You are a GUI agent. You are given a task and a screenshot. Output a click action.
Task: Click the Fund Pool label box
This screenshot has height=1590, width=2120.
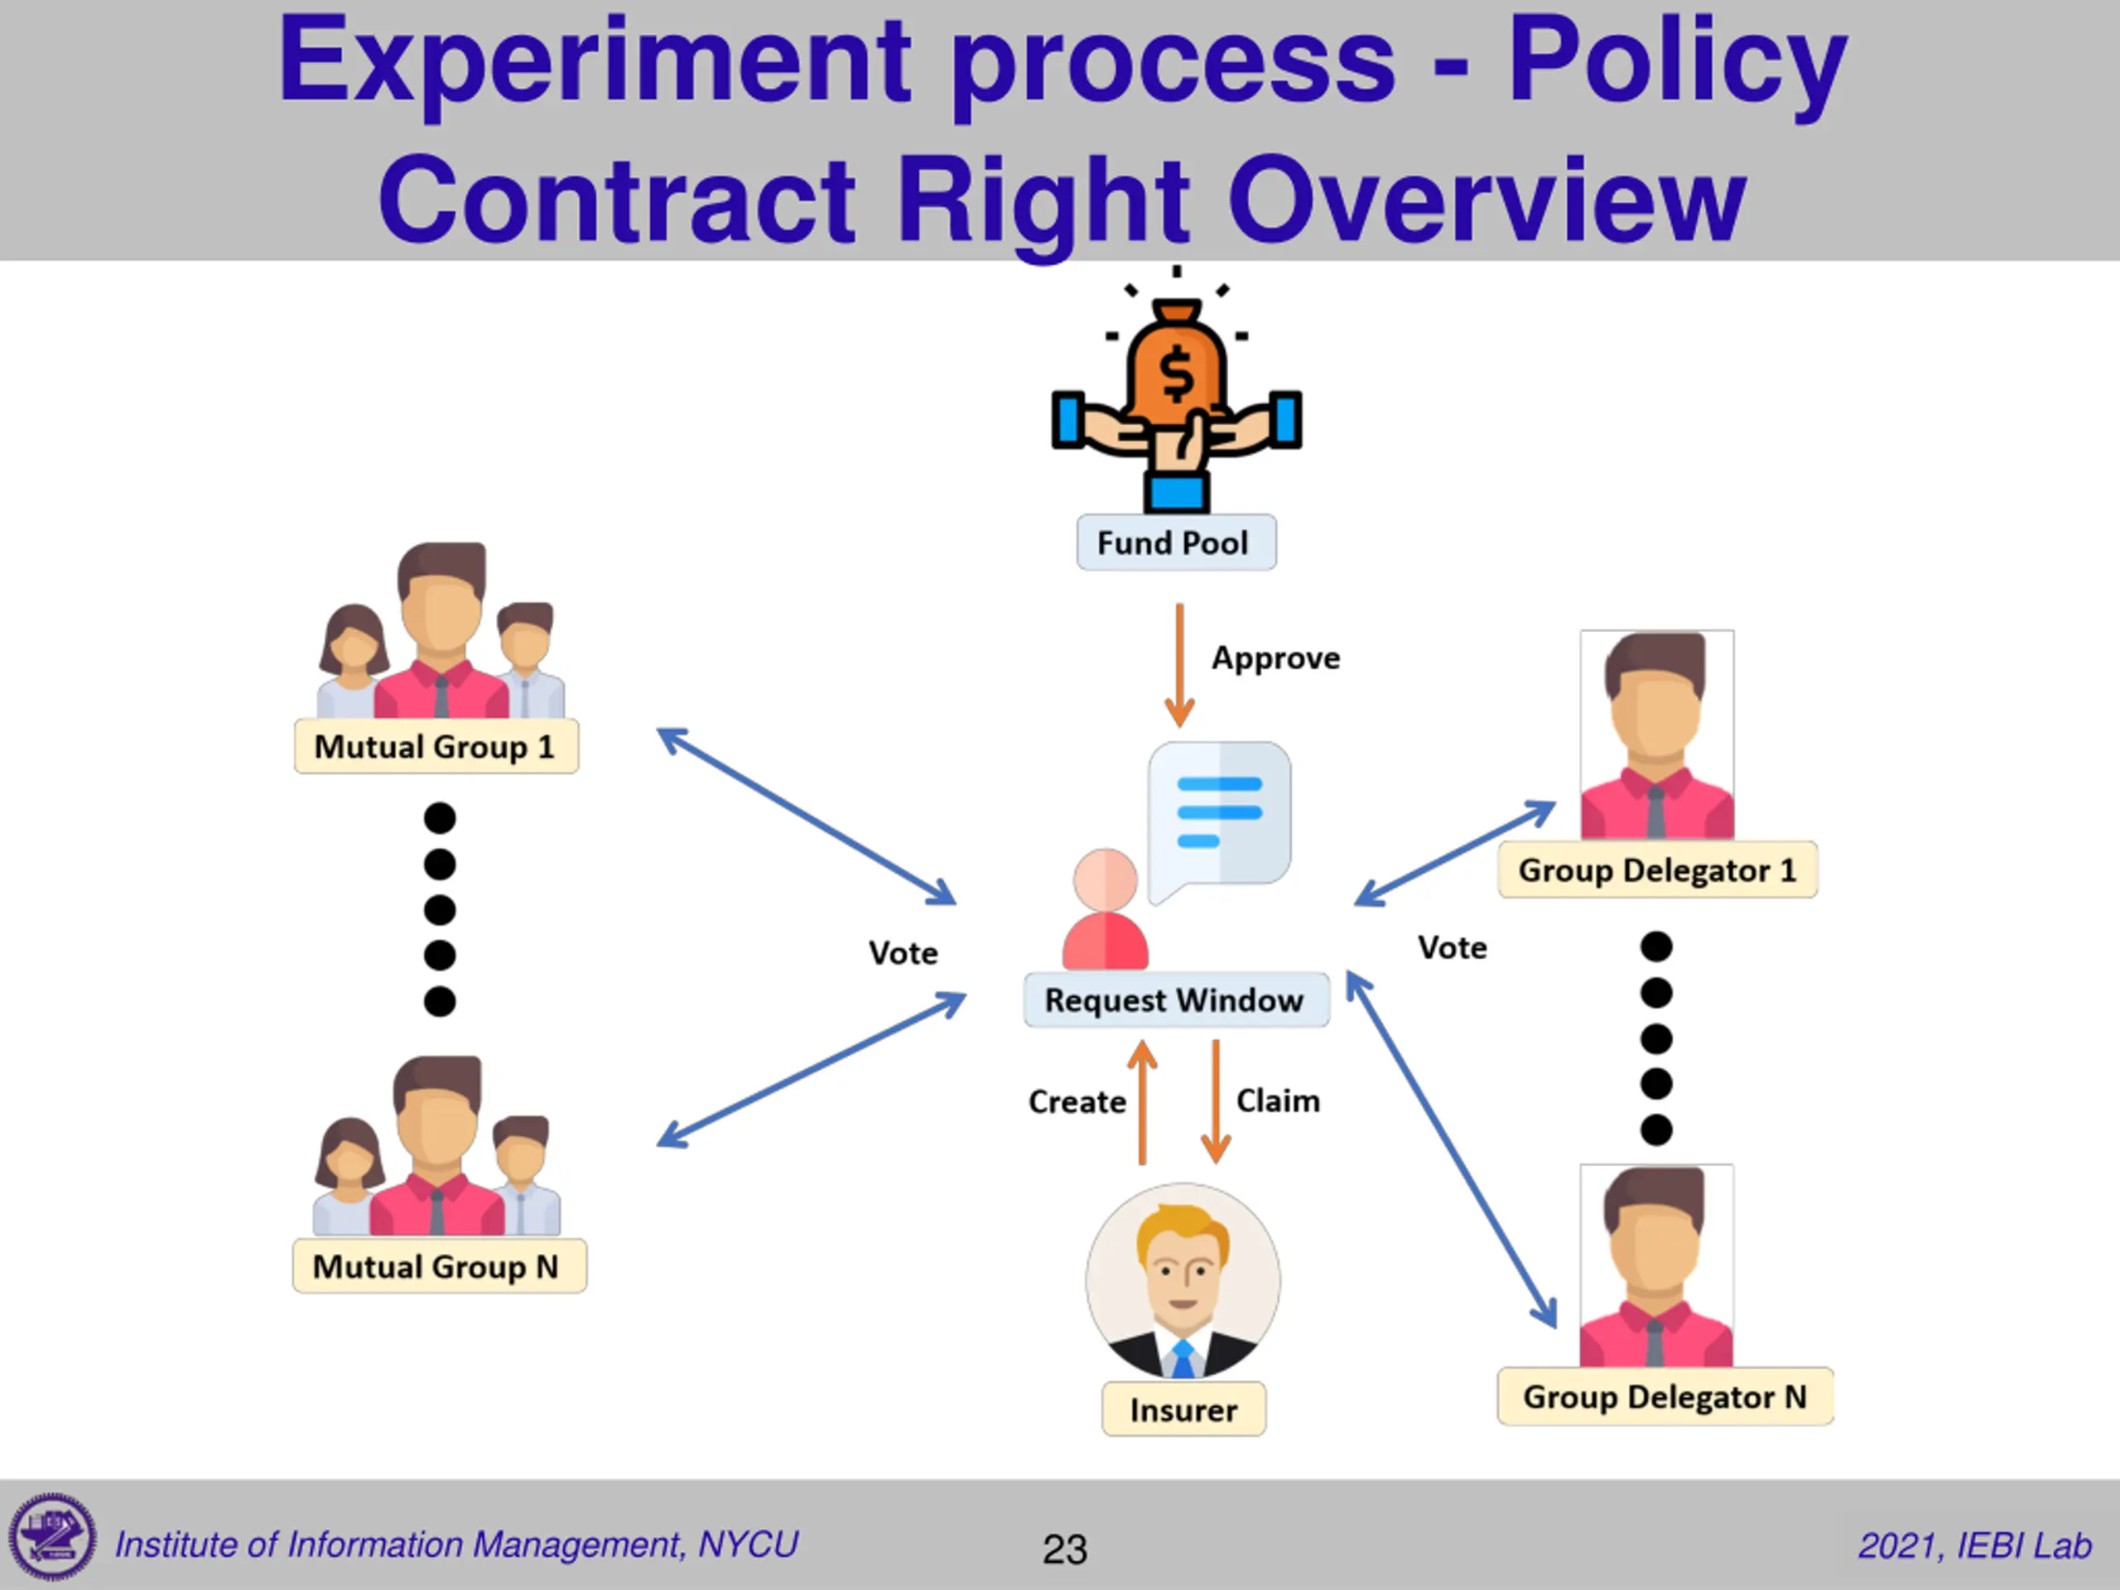pos(1176,543)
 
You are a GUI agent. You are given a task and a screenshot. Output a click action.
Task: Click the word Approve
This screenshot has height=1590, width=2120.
pos(1275,658)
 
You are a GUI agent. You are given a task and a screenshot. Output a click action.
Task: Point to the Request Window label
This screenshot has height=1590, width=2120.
pos(1175,1000)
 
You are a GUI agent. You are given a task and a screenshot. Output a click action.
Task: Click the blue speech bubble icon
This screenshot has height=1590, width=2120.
pos(1219,816)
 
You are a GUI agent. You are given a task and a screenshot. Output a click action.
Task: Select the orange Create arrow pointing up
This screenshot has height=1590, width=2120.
pos(1141,1102)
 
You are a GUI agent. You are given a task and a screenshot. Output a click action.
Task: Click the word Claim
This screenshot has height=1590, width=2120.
pos(1278,1101)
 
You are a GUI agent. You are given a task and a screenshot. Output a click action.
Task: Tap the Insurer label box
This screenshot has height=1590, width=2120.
pos(1183,1409)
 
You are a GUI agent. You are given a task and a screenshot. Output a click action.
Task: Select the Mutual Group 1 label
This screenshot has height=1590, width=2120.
pos(436,747)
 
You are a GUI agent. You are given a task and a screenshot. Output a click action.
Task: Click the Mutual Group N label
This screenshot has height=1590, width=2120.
pos(438,1267)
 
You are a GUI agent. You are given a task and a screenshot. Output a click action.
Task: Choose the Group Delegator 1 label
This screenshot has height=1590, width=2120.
pos(1657,870)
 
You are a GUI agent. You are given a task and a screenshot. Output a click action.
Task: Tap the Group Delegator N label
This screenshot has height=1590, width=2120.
pos(1665,1397)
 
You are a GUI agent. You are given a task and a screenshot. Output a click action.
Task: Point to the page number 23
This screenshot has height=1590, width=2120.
pos(1065,1549)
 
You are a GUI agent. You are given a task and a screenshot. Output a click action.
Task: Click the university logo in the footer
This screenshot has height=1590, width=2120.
pos(53,1537)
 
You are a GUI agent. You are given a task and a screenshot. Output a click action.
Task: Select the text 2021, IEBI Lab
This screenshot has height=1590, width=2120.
pos(1974,1546)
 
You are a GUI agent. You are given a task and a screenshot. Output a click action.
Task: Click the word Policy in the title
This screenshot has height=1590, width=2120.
pos(1677,62)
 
